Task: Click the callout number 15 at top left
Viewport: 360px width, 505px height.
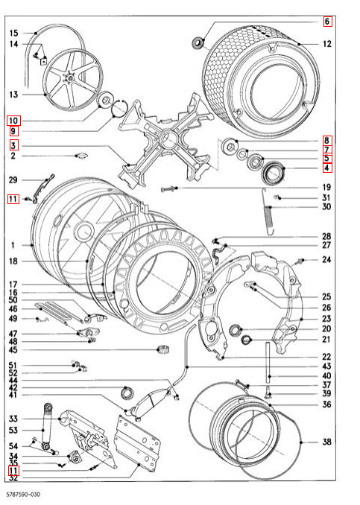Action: pos(13,34)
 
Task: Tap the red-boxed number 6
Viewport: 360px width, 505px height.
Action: pos(327,22)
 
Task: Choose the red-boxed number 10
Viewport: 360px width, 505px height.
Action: pos(13,121)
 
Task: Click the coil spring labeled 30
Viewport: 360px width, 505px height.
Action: pos(268,212)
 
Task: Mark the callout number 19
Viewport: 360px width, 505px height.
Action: pos(326,187)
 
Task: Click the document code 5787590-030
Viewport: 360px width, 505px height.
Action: pos(23,494)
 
